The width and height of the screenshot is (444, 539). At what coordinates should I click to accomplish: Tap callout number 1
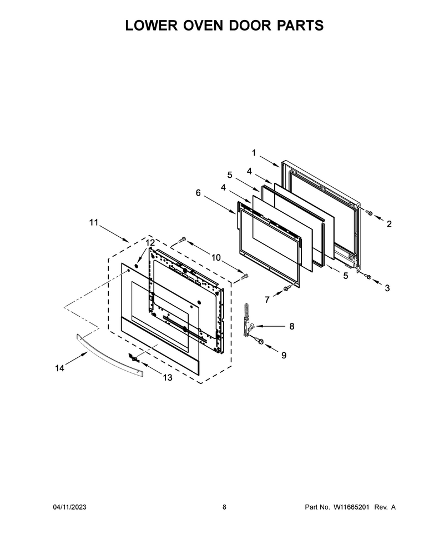point(254,153)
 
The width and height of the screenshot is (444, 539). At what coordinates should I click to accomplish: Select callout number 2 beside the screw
point(389,224)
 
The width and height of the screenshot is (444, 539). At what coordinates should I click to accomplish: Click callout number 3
point(387,288)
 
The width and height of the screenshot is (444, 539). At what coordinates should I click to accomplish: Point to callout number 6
point(198,193)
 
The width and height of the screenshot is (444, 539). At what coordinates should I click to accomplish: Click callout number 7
point(267,300)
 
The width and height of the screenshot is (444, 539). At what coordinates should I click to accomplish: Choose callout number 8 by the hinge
point(291,326)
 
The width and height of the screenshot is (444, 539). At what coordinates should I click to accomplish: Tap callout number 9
point(284,355)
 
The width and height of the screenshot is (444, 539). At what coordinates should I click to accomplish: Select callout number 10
point(216,257)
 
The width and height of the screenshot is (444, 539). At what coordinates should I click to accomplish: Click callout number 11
point(94,222)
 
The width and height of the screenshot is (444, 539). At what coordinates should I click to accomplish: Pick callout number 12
point(150,243)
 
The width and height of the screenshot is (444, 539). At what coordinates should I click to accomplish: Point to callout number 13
point(167,378)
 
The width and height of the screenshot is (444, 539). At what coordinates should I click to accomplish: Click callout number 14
point(59,368)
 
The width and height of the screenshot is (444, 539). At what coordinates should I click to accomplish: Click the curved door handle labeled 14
point(109,355)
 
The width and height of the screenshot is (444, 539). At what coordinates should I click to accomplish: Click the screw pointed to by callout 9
point(260,341)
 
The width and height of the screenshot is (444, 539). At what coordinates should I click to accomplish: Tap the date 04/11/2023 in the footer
point(69,507)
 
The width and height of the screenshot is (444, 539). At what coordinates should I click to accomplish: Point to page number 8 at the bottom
point(224,507)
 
